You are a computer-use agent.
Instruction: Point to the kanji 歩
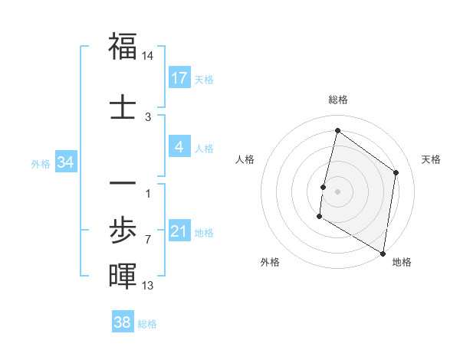[x=123, y=231]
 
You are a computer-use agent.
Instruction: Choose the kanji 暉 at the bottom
[x=123, y=275]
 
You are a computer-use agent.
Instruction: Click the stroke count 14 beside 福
[x=148, y=56]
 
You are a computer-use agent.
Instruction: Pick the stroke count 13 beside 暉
[x=148, y=286]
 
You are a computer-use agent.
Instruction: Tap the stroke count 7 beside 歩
[x=148, y=240]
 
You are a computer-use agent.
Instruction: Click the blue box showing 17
[x=179, y=78]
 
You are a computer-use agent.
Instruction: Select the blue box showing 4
[x=179, y=147]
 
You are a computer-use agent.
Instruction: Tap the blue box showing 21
[x=179, y=231]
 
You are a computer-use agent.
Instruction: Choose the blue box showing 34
[x=66, y=162]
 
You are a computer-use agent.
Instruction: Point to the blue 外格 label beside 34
[x=41, y=163]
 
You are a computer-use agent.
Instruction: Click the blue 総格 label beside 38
[x=147, y=324]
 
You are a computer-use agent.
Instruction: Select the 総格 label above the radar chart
[x=337, y=100]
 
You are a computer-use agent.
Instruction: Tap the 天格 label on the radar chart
[x=431, y=159]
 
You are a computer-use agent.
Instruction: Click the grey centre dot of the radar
[x=337, y=191]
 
